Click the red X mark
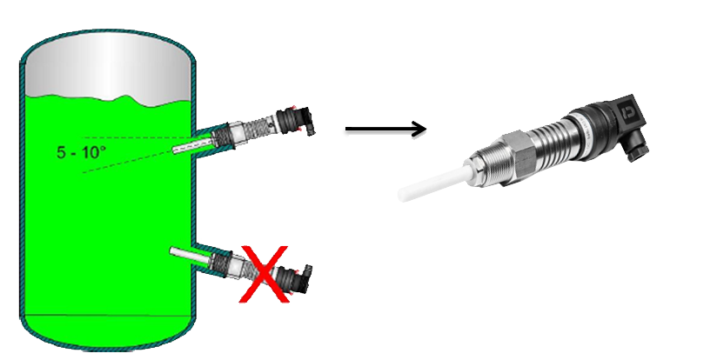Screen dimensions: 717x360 (x=265, y=274)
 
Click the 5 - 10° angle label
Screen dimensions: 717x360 (x=81, y=152)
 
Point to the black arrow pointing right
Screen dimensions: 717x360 (x=385, y=129)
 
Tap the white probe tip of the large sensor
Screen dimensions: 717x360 (x=433, y=183)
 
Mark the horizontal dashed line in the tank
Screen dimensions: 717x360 (x=137, y=137)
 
